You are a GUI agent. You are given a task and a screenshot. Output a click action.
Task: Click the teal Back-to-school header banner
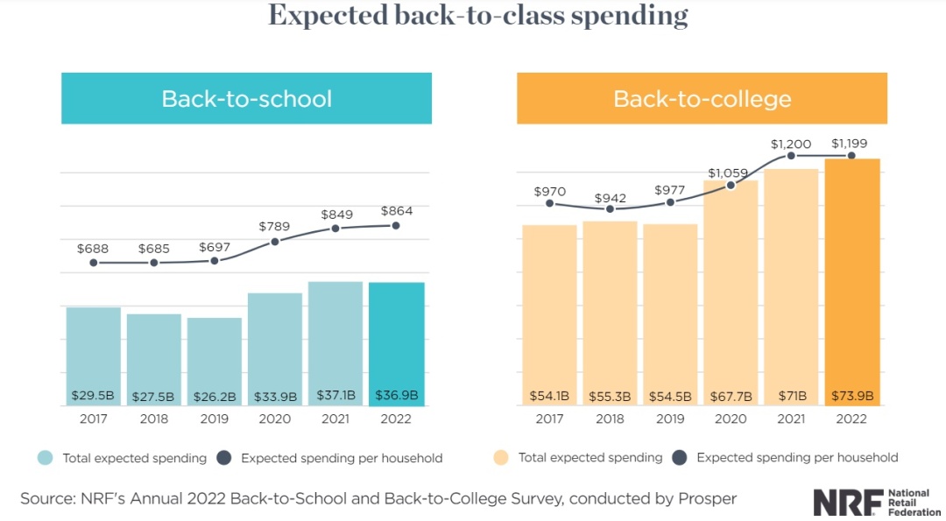246,98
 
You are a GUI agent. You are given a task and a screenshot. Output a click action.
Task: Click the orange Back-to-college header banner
702,98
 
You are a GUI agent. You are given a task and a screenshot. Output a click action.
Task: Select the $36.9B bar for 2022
396,341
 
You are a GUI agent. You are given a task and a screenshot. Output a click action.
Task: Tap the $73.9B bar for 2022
852,280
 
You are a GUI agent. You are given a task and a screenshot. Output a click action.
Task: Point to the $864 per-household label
396,211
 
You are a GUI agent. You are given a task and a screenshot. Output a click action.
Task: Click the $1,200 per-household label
792,142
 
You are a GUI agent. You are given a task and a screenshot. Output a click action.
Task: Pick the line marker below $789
274,242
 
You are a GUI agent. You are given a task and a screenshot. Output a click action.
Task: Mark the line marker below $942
611,209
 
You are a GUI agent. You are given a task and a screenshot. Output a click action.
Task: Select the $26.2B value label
214,397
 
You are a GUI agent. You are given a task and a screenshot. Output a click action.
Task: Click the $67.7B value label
731,397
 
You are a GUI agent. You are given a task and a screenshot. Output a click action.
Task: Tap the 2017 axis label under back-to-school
93,419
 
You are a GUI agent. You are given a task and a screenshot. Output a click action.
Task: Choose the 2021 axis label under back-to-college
791,419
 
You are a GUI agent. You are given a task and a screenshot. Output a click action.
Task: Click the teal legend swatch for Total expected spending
46,458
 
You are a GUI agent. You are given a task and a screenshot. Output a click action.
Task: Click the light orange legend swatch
501,458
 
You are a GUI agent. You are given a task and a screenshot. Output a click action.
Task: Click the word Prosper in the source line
708,498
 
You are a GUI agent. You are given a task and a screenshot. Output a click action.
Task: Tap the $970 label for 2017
549,191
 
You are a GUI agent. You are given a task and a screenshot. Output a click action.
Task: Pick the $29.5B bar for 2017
93,350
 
